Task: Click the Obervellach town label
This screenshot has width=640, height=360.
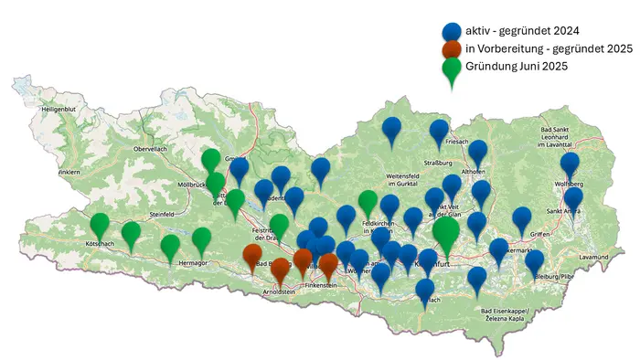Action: [152, 148]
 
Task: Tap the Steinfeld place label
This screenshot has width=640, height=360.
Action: [168, 215]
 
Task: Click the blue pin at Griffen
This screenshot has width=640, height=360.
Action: [522, 219]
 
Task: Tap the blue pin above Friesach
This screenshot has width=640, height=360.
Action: [440, 132]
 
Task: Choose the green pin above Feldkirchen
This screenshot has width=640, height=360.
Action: [368, 203]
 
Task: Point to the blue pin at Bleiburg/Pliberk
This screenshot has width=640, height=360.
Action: [535, 262]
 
